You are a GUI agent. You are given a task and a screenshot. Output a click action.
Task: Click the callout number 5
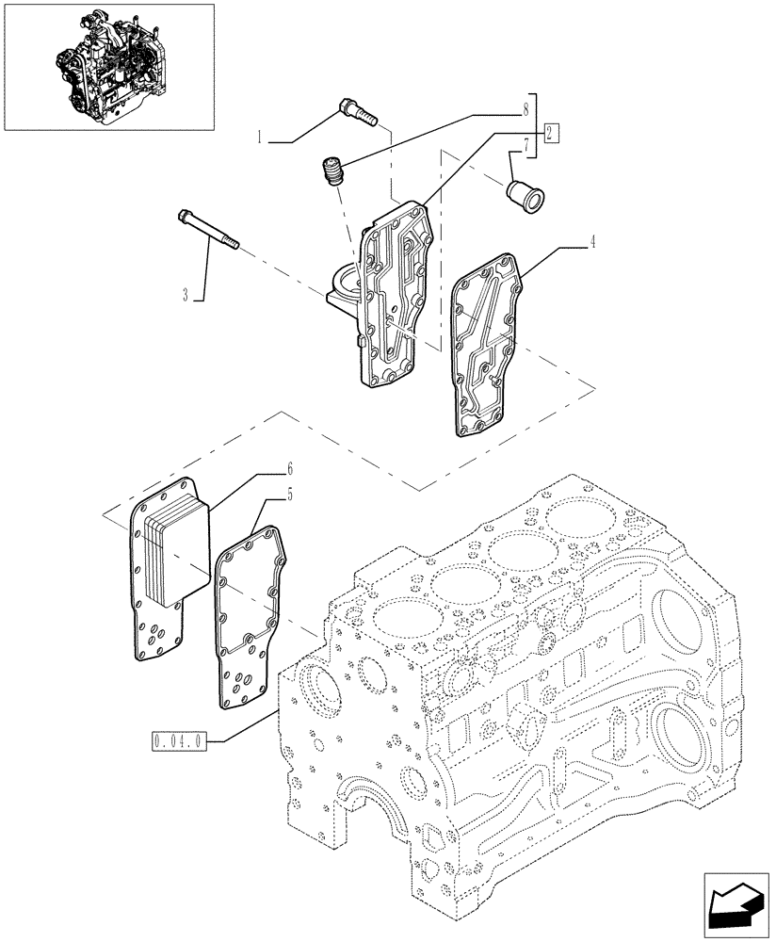(291, 493)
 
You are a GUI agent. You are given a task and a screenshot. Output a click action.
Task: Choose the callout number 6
(291, 467)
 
